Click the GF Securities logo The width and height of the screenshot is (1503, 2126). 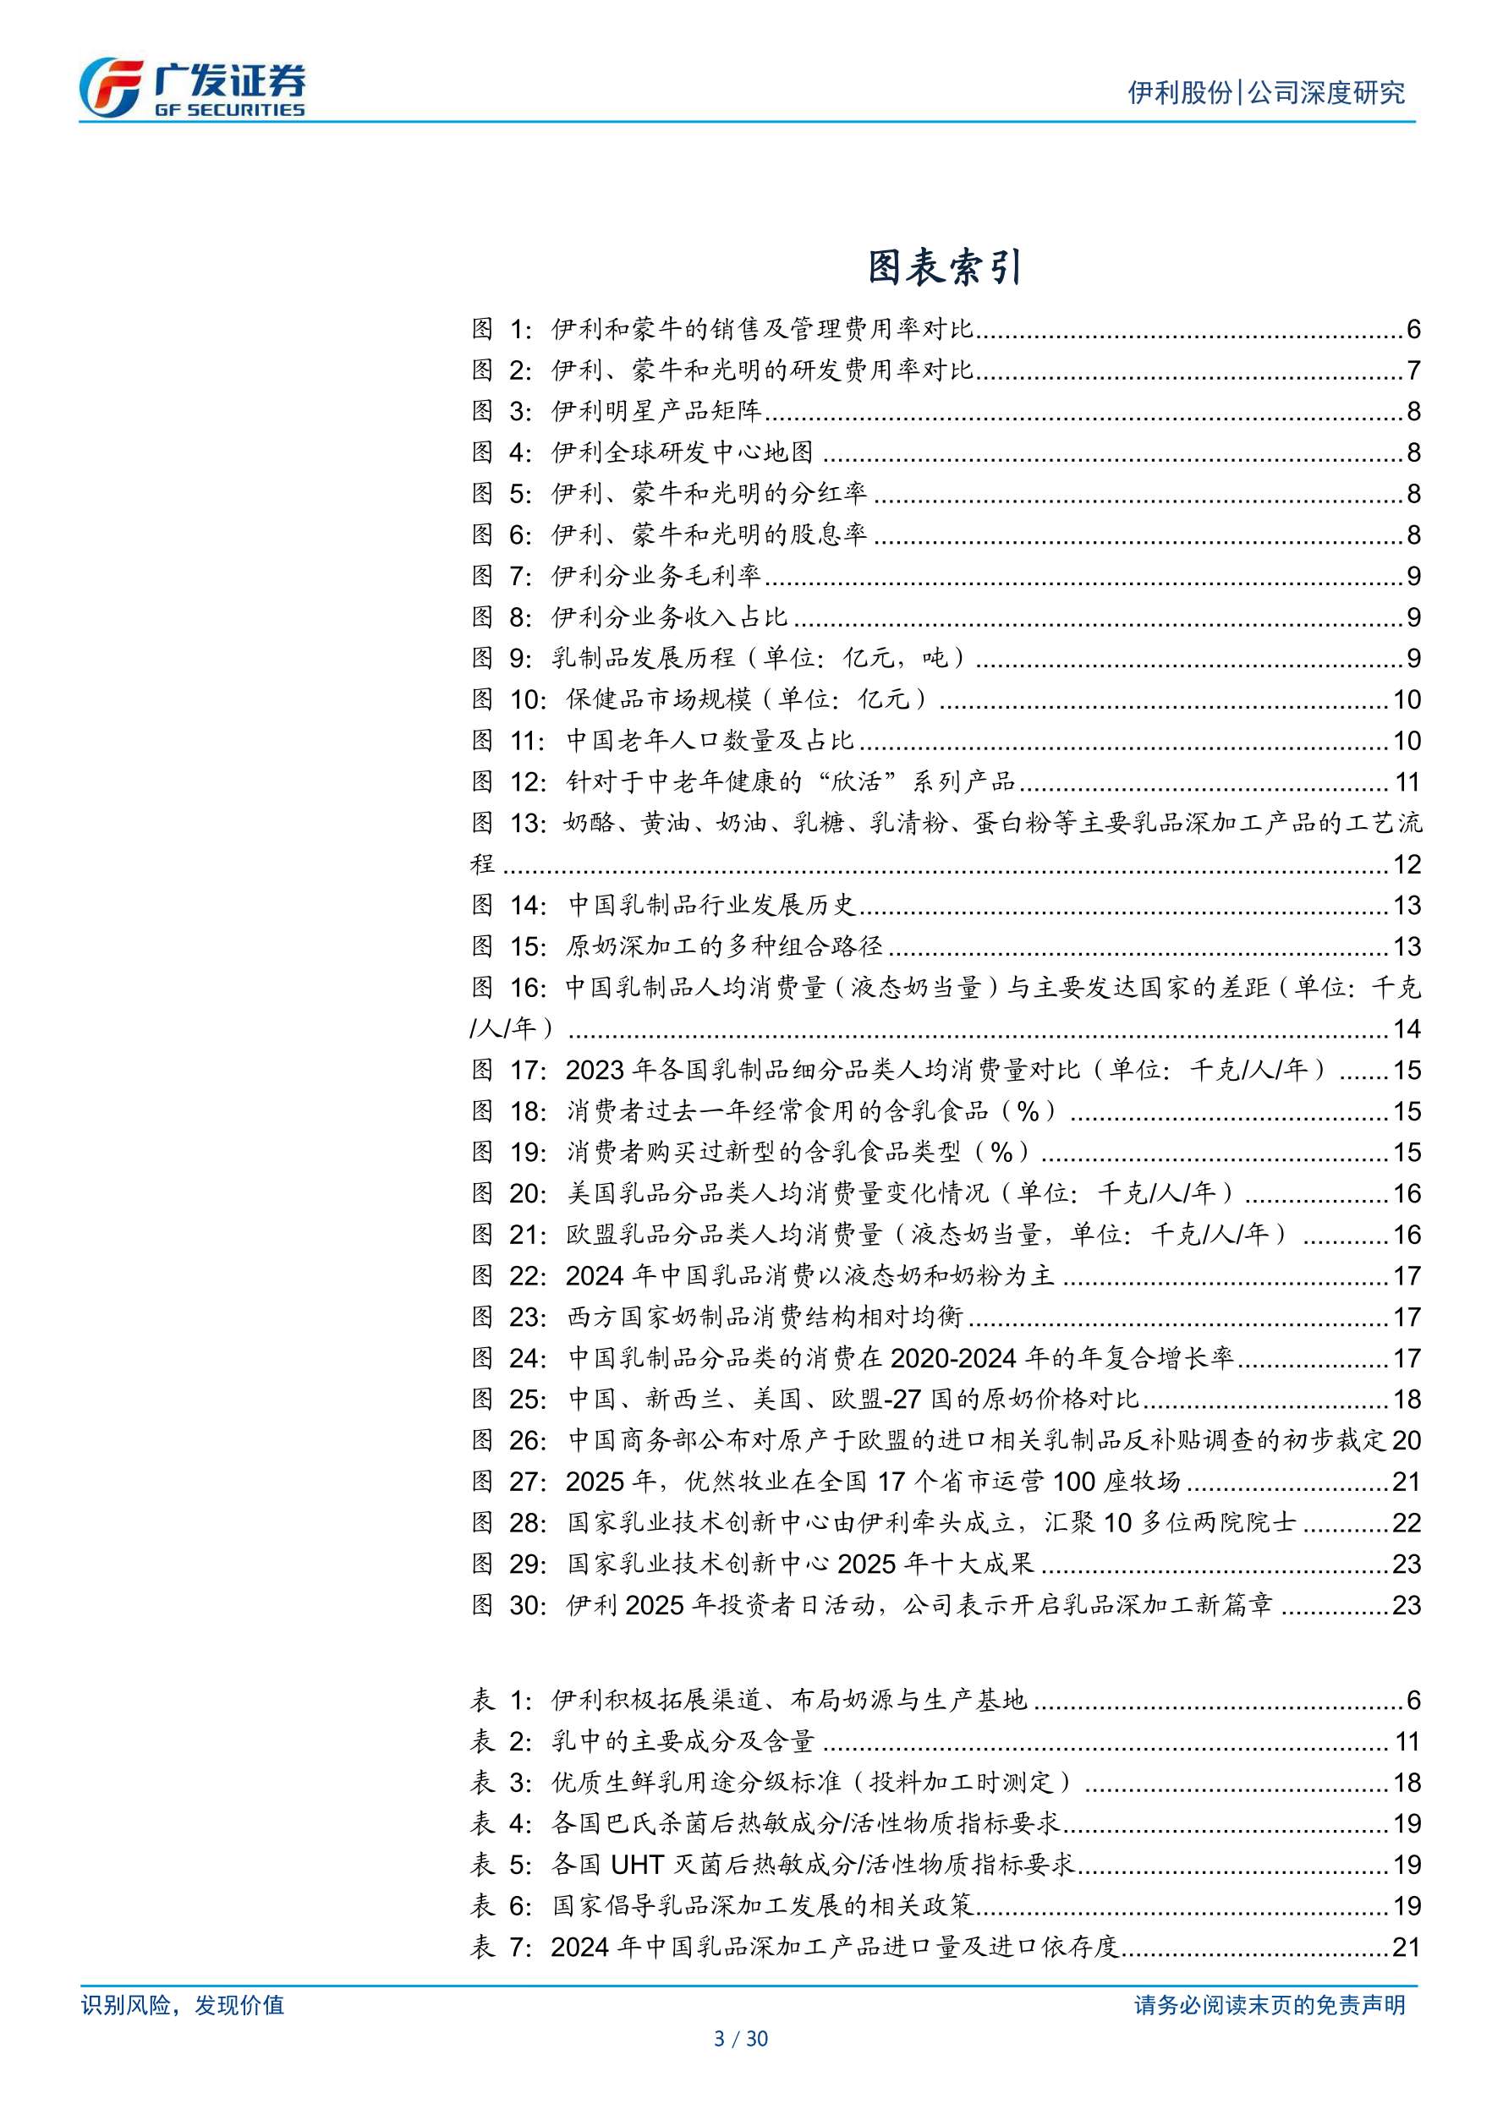point(192,89)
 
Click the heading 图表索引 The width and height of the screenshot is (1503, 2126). point(945,267)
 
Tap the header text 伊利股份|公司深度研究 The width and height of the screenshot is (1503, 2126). point(1266,92)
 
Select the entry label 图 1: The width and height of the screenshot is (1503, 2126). point(501,329)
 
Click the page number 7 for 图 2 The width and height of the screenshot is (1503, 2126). point(1413,370)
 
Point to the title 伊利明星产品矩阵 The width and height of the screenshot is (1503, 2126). point(656,411)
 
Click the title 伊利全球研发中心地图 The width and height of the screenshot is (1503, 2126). point(683,452)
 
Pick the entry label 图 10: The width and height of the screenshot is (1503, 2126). point(508,699)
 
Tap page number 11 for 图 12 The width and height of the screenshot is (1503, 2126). point(1407,782)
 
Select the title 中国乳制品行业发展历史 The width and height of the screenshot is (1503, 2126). point(711,905)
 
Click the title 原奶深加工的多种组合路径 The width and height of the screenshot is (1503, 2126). point(724,946)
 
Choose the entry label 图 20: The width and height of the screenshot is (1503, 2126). point(508,1193)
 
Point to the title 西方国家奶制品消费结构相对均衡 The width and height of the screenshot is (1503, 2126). point(765,1317)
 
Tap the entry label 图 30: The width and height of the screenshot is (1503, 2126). point(508,1605)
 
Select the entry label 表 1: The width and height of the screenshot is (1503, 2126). point(501,1700)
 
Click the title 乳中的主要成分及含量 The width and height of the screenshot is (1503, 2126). point(683,1742)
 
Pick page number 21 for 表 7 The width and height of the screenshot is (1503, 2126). point(1407,1948)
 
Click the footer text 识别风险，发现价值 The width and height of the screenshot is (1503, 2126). point(183,2006)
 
